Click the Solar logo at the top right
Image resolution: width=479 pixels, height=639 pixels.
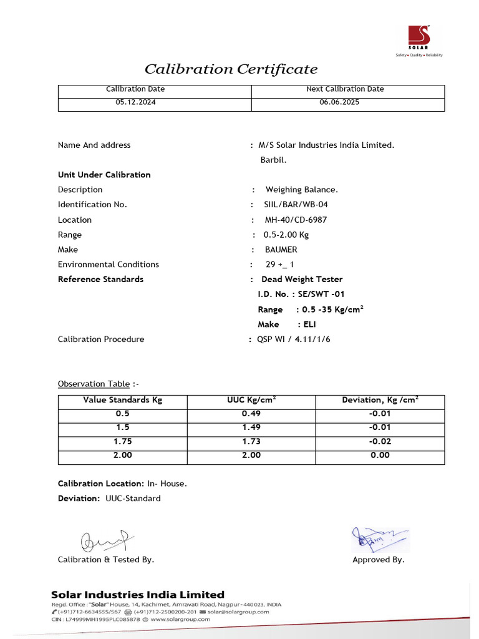click(x=419, y=37)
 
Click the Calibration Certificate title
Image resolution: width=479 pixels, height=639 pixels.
click(x=231, y=69)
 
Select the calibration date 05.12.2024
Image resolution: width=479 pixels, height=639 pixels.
click(x=135, y=102)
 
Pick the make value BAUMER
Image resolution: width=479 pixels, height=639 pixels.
click(x=281, y=250)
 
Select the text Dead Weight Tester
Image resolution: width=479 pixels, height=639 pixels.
click(x=302, y=280)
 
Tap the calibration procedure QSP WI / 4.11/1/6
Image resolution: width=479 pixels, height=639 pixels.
click(x=294, y=339)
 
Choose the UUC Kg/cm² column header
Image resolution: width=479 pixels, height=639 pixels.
click(x=251, y=400)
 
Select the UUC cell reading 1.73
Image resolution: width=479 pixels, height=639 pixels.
click(x=251, y=441)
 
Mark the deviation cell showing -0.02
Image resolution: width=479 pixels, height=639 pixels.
click(x=380, y=441)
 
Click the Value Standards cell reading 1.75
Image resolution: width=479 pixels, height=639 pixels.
click(x=123, y=441)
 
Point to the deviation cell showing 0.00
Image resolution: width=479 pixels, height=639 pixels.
click(x=380, y=456)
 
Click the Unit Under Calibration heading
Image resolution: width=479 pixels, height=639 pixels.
click(x=104, y=175)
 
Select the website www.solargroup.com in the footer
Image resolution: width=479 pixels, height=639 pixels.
click(x=180, y=620)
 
